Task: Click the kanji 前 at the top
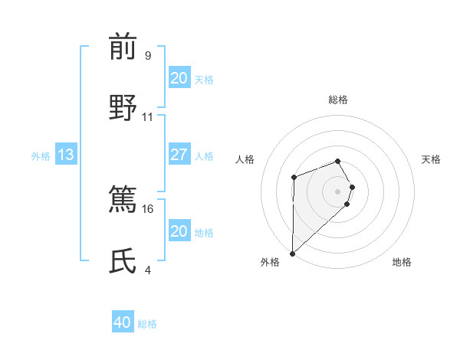[x=123, y=47]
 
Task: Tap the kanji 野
[x=123, y=107]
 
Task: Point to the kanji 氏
[x=123, y=261]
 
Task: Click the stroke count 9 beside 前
[x=148, y=56]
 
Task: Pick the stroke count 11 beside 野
[x=148, y=116]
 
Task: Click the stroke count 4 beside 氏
[x=148, y=270]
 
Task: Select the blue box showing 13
[x=65, y=155]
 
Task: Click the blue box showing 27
[x=179, y=155]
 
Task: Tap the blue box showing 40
[x=123, y=323]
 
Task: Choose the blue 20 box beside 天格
[x=179, y=78]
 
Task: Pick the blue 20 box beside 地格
[x=179, y=231]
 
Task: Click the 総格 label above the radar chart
[x=338, y=100]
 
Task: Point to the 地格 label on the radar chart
[x=402, y=262]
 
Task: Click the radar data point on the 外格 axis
[x=292, y=253]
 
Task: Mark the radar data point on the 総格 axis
[x=338, y=161]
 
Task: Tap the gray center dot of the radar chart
[x=338, y=191]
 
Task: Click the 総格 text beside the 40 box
[x=147, y=324]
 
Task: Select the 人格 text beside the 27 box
[x=204, y=155]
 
